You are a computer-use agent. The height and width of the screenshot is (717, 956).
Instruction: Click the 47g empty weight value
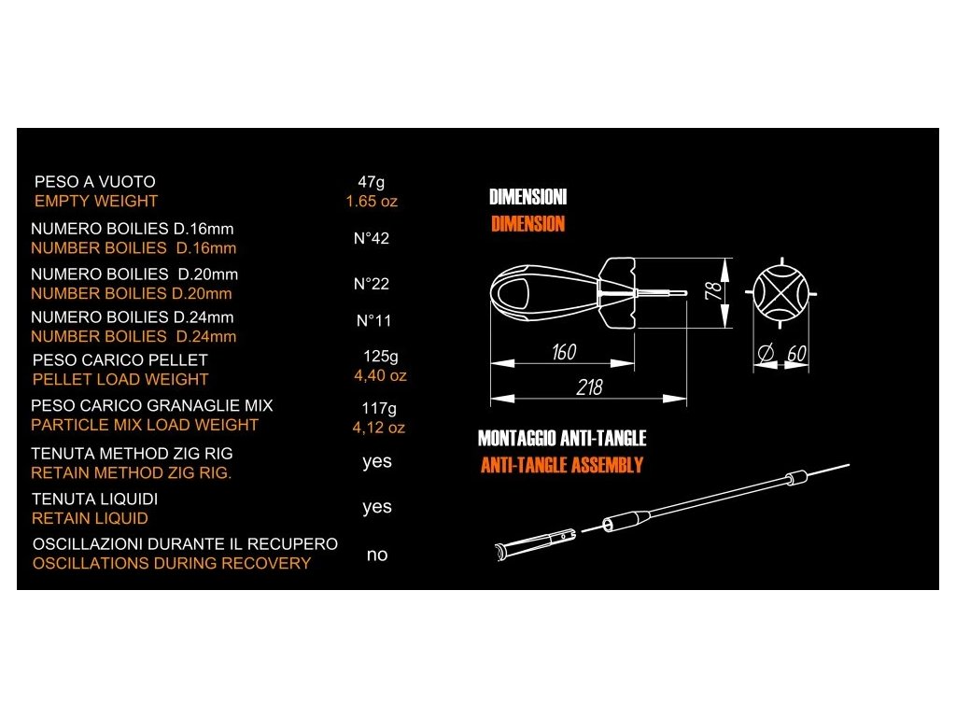pos(372,182)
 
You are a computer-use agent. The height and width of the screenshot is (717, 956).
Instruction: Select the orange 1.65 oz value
pos(372,201)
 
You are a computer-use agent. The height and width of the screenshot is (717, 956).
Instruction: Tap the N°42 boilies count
pos(372,239)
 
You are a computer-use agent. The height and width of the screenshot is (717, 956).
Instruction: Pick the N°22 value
pos(372,284)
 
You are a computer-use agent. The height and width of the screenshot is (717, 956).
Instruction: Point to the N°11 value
pos(374,321)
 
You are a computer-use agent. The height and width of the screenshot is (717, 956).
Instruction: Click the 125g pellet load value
pos(380,357)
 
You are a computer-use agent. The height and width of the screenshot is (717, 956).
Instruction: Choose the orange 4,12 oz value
pos(378,428)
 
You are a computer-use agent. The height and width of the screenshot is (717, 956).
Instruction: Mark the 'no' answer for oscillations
pos(377,555)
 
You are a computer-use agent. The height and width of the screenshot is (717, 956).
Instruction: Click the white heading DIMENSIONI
pos(527,198)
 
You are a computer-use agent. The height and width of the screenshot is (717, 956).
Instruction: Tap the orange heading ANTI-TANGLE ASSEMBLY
pos(561,465)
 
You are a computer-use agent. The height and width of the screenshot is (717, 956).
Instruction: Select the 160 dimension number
pos(564,352)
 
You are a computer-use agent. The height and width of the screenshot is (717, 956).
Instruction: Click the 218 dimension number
pos(589,387)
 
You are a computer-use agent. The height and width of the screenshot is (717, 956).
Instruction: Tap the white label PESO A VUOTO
pos(95,182)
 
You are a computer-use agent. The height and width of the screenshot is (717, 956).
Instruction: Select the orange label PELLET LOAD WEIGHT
pos(120,379)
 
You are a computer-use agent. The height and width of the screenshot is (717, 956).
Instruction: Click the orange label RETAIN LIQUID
pos(90,518)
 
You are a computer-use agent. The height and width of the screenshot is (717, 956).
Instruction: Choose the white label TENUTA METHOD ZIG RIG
pos(132,454)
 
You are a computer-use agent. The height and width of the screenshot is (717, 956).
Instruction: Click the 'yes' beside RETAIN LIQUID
pos(377,507)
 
